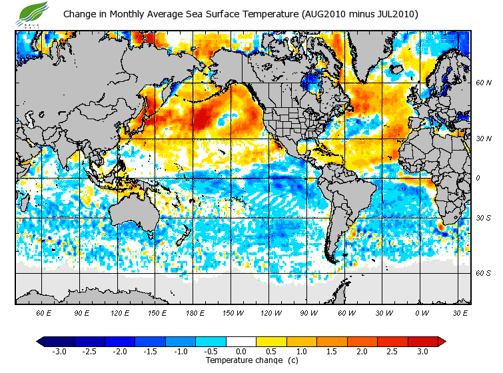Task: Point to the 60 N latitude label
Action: coord(483,83)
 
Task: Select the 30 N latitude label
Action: coord(483,138)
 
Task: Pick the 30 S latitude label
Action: coord(483,218)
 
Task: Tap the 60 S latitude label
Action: coord(483,272)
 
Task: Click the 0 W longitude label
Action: coord(422,312)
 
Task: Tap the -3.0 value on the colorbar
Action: coord(59,351)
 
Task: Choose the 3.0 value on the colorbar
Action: coord(422,351)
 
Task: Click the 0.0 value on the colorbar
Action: coord(241,351)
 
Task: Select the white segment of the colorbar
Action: coord(241,341)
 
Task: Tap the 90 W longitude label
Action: coord(308,312)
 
